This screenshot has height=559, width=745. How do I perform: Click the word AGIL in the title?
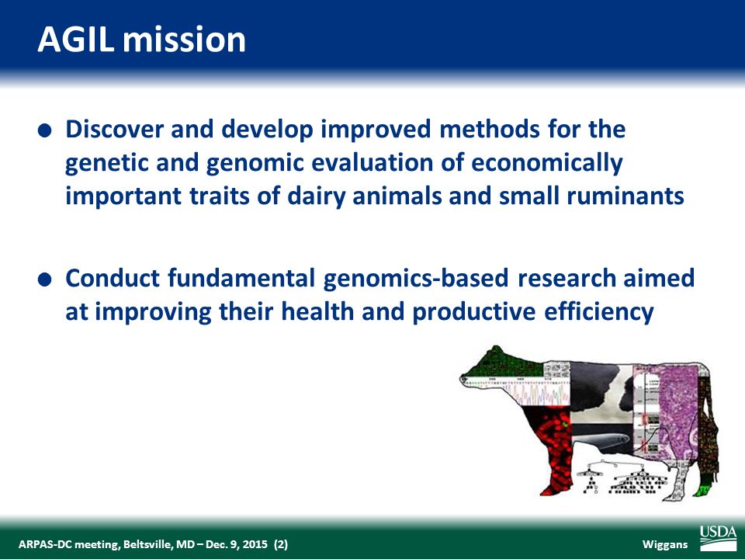point(75,39)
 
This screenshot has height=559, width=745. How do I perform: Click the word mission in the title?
point(184,39)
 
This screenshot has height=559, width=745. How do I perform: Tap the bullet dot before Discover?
point(43,130)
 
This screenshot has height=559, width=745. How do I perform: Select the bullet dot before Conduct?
point(43,280)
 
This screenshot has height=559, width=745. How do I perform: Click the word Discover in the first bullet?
point(115,129)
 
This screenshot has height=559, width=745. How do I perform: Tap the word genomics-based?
point(416,279)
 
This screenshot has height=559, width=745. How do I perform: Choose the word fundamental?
point(242,278)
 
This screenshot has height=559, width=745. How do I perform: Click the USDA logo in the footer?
point(717,538)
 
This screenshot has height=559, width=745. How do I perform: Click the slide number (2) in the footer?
point(280,543)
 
